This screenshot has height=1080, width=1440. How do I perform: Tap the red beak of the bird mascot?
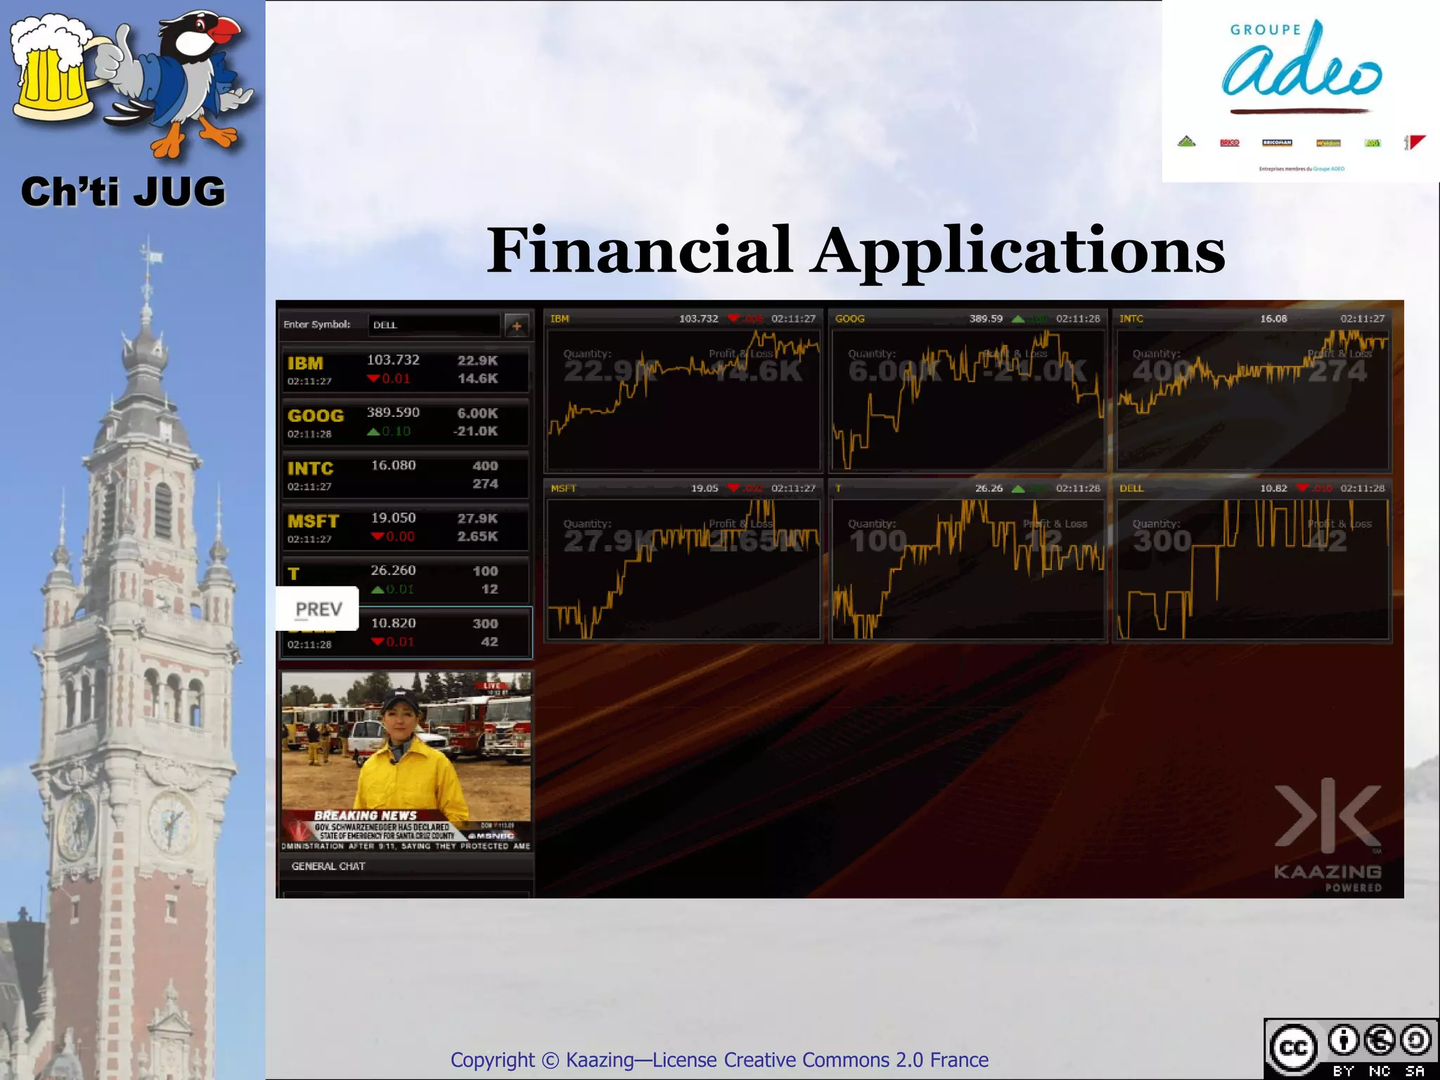coord(226,31)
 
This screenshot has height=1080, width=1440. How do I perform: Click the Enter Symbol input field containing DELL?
coord(433,325)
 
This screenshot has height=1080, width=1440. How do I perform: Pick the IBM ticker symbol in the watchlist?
coord(305,364)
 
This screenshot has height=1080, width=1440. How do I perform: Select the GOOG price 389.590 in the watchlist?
coord(392,413)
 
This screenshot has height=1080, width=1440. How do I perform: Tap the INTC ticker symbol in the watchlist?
coord(310,468)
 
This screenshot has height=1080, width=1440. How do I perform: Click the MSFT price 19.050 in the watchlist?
coord(393,518)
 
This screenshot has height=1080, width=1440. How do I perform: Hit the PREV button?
coord(318,609)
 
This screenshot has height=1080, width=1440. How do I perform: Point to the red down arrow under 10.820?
coord(378,641)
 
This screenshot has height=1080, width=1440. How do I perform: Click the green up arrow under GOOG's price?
coord(373,431)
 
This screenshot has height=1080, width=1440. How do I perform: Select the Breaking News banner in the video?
coord(365,816)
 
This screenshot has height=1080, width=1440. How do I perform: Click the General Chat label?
coord(328,866)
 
